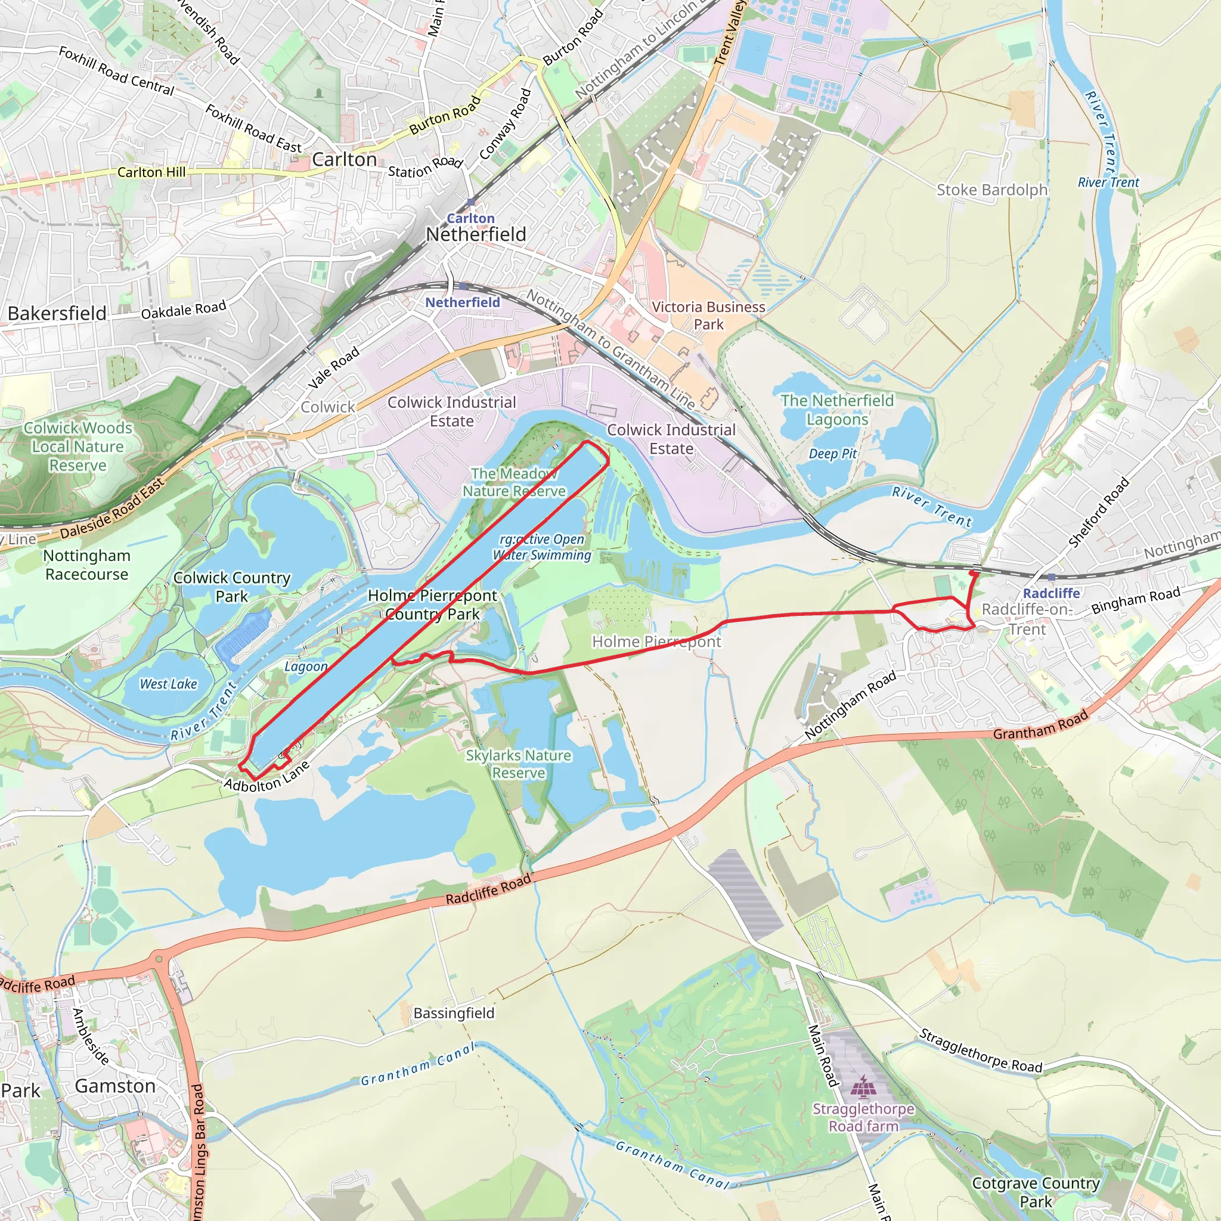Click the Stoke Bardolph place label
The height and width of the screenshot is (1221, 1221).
991,190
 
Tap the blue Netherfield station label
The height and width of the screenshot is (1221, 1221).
463,303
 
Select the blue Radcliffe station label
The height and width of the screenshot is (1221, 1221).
1051,593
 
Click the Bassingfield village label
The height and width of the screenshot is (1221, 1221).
454,1013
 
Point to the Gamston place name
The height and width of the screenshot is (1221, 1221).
115,1086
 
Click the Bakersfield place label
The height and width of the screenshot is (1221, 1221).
57,314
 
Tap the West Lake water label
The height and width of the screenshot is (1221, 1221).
168,684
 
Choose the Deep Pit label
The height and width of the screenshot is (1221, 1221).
832,454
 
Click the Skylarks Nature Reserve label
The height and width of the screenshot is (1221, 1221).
518,764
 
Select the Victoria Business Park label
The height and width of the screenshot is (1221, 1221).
708,315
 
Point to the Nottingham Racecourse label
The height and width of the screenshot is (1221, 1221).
86,565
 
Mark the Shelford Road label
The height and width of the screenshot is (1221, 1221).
1098,513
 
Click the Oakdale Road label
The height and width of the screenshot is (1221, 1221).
183,309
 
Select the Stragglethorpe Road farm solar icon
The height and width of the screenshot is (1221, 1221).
863,1086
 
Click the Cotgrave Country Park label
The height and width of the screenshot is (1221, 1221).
1036,1192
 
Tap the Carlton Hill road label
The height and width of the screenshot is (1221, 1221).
151,172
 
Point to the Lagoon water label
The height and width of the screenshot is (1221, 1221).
306,666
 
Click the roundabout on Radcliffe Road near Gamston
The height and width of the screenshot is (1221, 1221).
159,959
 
